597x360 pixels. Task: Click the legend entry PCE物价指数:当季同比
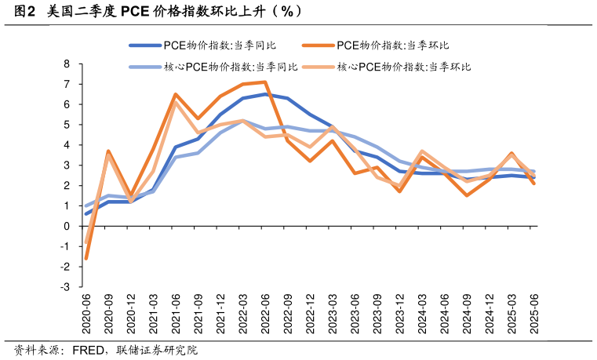[220, 46]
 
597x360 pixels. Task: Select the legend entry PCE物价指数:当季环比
[392, 46]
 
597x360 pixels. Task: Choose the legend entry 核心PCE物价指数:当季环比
[403, 67]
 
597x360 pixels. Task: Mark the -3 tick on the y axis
[66, 287]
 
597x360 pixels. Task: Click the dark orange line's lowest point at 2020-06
[86, 258]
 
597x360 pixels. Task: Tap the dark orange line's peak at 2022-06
[266, 82]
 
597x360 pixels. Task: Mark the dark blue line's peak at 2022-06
[266, 94]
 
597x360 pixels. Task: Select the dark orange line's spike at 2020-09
[108, 151]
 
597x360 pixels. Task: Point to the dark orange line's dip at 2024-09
[468, 195]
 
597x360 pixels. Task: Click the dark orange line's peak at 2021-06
[176, 94]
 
